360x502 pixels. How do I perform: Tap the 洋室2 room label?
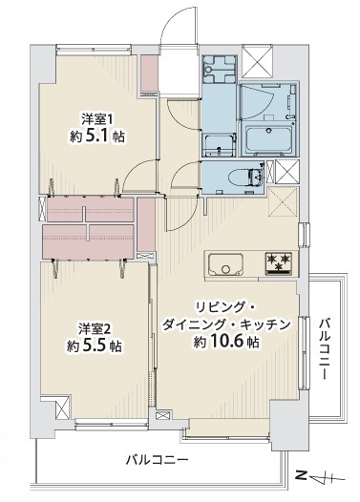[95, 329]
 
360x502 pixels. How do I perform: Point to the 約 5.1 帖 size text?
[97, 136]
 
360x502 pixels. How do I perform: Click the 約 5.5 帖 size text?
[95, 346]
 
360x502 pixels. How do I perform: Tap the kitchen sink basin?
[225, 264]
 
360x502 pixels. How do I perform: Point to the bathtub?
[268, 139]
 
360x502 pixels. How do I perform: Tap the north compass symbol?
[320, 479]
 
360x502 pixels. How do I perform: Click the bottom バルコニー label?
[157, 460]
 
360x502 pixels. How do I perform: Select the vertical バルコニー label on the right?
[324, 348]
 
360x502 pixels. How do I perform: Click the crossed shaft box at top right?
[257, 61]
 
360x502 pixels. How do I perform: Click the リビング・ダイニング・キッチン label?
[226, 316]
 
